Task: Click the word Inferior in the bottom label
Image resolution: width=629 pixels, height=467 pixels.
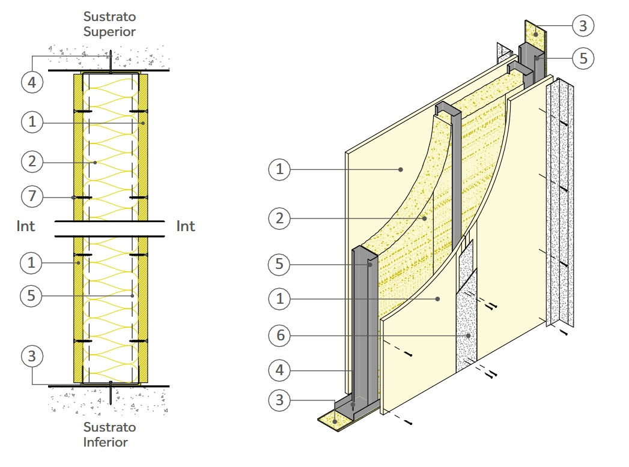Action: pos(106,442)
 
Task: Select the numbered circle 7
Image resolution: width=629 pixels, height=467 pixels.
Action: pos(32,196)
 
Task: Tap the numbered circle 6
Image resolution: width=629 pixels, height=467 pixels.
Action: pos(279,335)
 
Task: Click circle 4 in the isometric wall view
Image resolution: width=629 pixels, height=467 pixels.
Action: pos(279,371)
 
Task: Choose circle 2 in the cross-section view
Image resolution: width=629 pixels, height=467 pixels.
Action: pos(32,161)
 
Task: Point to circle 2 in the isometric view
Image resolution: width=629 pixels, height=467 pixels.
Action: pos(279,218)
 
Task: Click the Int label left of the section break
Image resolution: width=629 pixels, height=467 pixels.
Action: pos(26,226)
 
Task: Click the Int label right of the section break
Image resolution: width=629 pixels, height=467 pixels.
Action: pos(186,226)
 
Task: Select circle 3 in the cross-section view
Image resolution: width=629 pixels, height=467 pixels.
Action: pos(32,356)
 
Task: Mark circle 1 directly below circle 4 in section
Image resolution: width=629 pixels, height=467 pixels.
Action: pos(32,122)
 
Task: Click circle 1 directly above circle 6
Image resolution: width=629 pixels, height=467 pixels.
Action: pos(279,299)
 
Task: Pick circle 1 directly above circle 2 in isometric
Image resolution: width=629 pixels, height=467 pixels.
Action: pos(279,170)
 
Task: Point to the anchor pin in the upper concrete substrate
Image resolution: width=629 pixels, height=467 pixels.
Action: pos(111,60)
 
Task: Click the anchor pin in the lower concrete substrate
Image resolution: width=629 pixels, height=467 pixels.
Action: pos(111,394)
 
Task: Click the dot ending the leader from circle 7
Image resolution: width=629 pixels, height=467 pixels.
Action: pos(73,197)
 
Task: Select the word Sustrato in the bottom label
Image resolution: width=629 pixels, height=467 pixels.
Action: pos(109,427)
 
